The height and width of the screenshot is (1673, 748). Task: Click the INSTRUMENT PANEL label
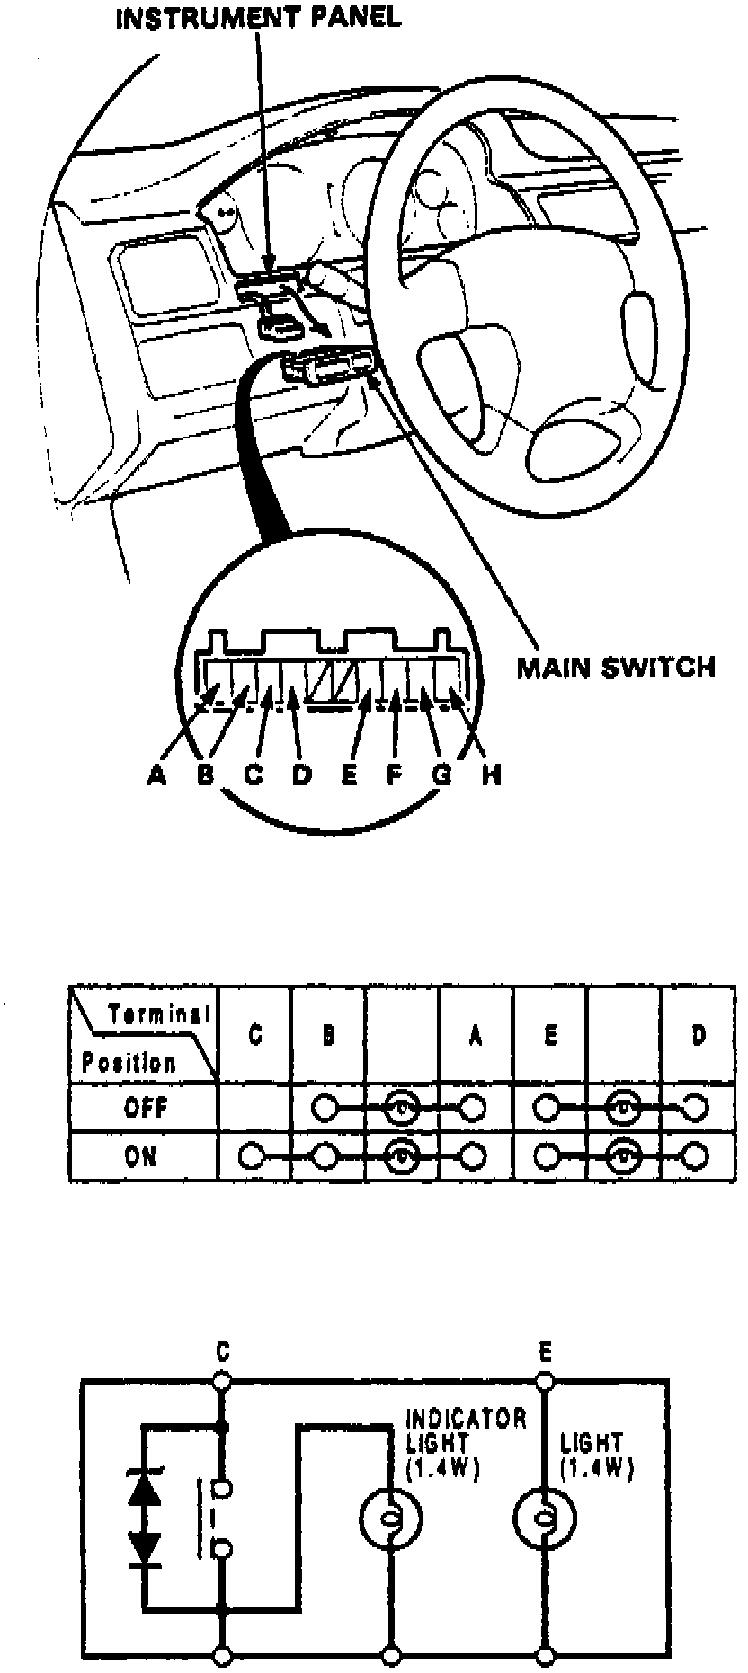tap(258, 18)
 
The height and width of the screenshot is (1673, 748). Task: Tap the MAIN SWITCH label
tap(616, 668)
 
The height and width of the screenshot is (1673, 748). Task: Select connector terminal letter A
tap(156, 775)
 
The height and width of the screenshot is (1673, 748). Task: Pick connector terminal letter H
tap(490, 775)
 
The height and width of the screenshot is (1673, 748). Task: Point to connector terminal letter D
tap(302, 775)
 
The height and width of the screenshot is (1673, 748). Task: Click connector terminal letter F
tap(394, 775)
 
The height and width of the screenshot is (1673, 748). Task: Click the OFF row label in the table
tap(146, 1107)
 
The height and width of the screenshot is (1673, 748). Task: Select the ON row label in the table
tap(141, 1155)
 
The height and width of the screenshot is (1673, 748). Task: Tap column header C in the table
tap(255, 1036)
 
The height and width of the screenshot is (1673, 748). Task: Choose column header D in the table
tap(699, 1036)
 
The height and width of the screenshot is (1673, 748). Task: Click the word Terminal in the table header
tap(159, 1014)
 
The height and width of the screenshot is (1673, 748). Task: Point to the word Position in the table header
tap(129, 1062)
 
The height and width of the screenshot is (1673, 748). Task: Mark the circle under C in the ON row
tap(253, 1155)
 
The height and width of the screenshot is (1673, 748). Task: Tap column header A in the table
tap(476, 1036)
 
